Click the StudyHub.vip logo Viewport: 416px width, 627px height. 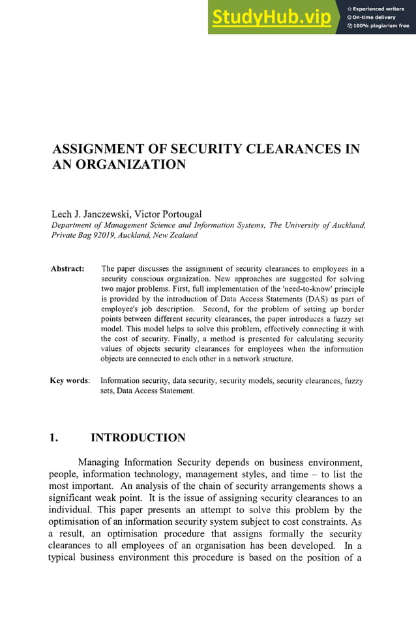(271, 18)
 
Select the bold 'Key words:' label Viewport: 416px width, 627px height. (70, 380)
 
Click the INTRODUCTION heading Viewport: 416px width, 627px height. (138, 438)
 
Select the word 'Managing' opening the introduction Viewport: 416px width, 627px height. (100, 463)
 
